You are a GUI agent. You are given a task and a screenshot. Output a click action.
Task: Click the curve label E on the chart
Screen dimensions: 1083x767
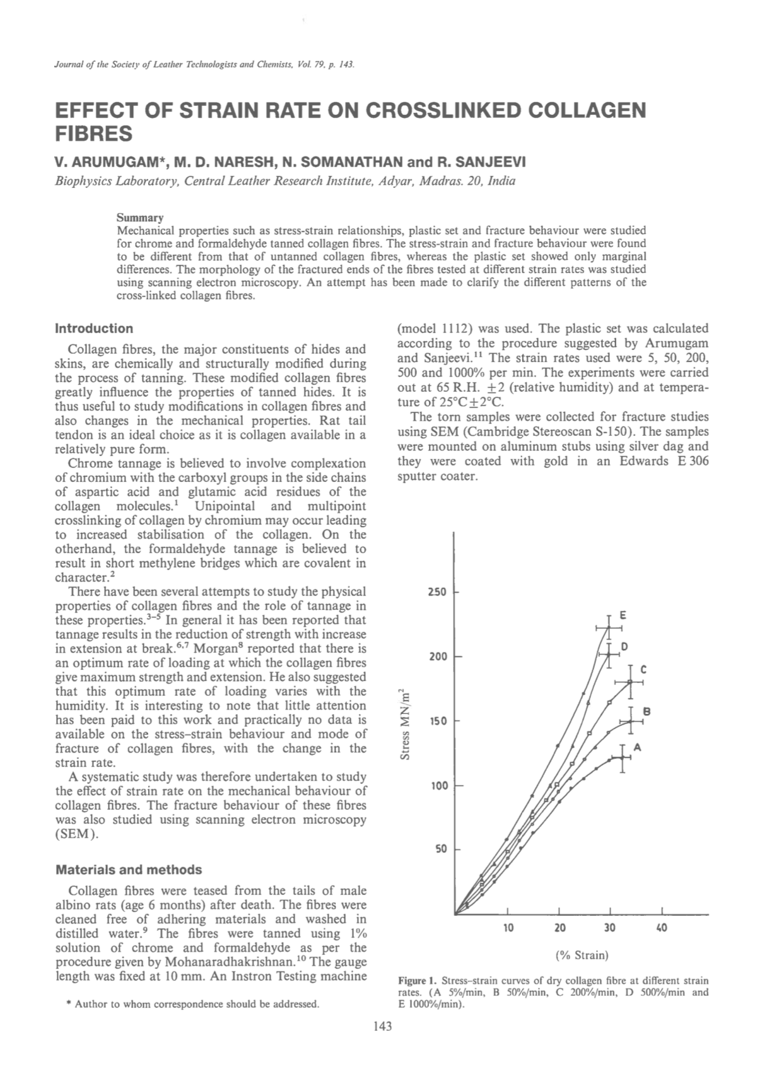(623, 614)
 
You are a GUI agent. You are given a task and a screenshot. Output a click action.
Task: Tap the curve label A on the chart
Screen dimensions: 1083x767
(637, 747)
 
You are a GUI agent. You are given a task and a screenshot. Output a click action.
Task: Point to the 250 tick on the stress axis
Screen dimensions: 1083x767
(437, 592)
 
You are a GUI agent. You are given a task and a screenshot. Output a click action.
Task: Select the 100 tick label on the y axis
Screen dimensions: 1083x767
(437, 786)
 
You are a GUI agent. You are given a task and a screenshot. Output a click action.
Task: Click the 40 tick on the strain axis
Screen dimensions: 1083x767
(662, 928)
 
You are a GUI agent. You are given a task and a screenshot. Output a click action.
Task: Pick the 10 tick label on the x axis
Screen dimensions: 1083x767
(508, 928)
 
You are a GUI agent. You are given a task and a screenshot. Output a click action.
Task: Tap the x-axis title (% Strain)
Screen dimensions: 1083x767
(582, 955)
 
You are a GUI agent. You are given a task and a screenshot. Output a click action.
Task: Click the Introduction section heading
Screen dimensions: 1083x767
(94, 329)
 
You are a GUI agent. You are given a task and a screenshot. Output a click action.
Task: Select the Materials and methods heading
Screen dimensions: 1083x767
(129, 870)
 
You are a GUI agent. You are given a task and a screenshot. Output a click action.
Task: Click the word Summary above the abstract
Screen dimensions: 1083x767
(140, 218)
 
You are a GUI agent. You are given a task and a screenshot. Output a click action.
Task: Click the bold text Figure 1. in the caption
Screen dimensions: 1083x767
(417, 981)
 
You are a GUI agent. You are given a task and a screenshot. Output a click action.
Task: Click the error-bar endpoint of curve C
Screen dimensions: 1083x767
(630, 682)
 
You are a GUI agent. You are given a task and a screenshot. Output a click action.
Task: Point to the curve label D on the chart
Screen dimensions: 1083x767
(624, 647)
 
